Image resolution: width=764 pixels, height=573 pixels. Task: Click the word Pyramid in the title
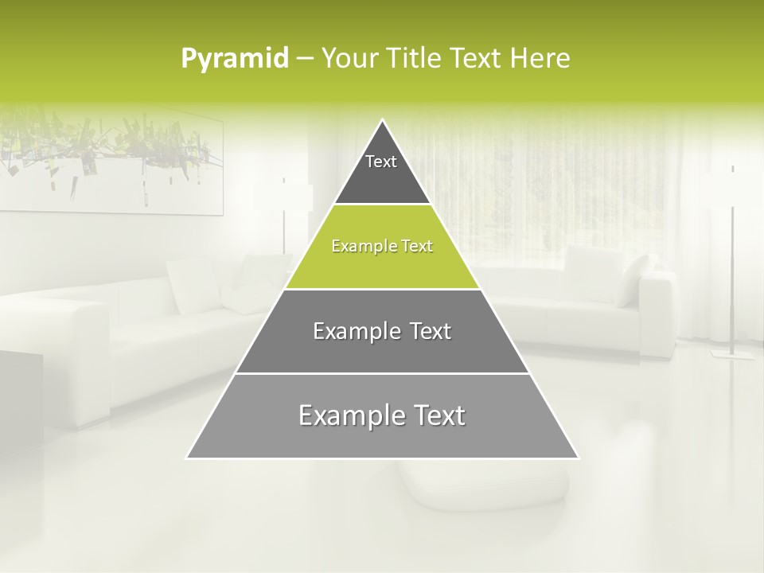tap(234, 59)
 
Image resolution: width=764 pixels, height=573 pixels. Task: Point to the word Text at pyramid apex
tap(381, 162)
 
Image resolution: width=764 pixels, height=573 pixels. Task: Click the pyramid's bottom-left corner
tap(187, 458)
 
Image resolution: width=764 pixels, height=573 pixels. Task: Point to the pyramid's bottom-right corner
tap(579, 458)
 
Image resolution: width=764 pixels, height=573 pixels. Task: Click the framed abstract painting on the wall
tap(111, 159)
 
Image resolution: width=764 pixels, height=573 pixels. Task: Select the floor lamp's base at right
tap(733, 353)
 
